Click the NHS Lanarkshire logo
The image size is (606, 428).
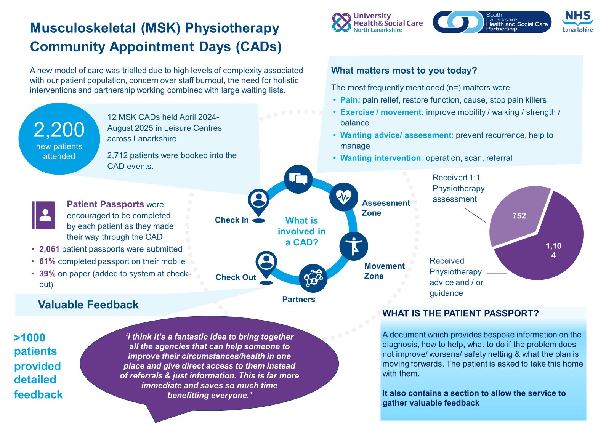point(577,22)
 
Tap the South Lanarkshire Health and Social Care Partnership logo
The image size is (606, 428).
point(492,22)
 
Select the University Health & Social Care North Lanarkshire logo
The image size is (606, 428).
point(377,22)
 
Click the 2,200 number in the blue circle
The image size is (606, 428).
point(59,130)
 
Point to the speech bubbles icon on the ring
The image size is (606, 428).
point(298,179)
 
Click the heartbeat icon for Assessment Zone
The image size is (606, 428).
point(343,197)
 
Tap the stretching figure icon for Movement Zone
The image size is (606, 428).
point(354,246)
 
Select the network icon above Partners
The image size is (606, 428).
point(313,278)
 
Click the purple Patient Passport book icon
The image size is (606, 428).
point(43,215)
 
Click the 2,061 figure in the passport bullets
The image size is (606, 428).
point(49,249)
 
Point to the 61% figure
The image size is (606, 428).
point(47,261)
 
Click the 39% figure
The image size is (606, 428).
point(47,274)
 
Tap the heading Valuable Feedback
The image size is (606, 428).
point(88,305)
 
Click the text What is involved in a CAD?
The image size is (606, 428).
point(301,231)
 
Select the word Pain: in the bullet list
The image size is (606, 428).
point(350,100)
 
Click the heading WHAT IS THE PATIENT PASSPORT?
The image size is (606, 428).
point(460,313)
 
